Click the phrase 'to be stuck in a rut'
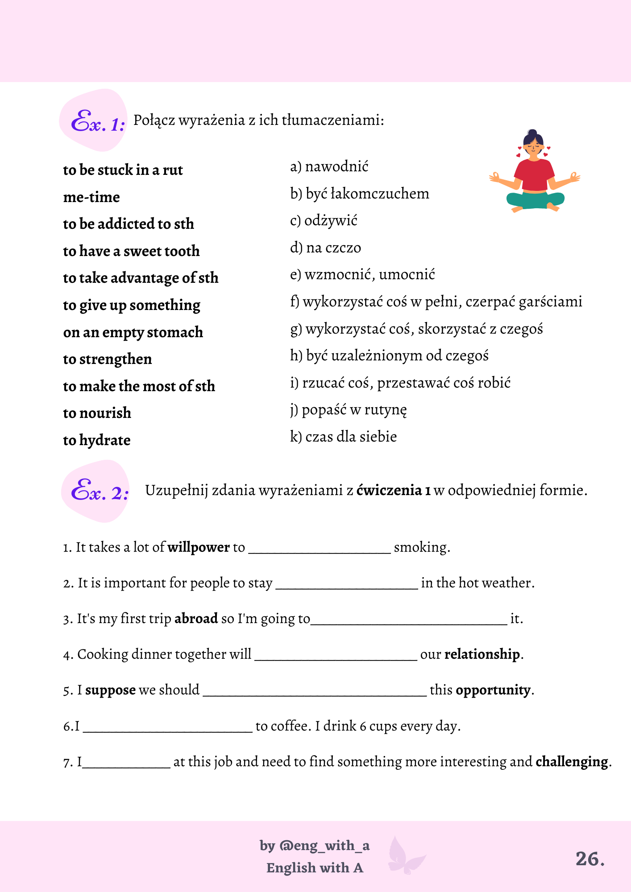pos(123,170)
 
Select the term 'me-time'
pos(91,197)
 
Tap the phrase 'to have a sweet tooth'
pos(131,251)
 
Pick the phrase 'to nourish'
pos(97,413)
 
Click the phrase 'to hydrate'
pos(97,440)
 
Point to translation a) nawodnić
pos(329,167)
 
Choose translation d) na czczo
pos(325,248)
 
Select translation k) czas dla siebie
pos(343,437)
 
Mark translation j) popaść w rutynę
pos(349,410)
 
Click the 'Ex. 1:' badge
pos(97,122)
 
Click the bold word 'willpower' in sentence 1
pos(198,547)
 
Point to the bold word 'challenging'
pos(572,762)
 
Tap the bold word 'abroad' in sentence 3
pos(196,619)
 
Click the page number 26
pos(589,859)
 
